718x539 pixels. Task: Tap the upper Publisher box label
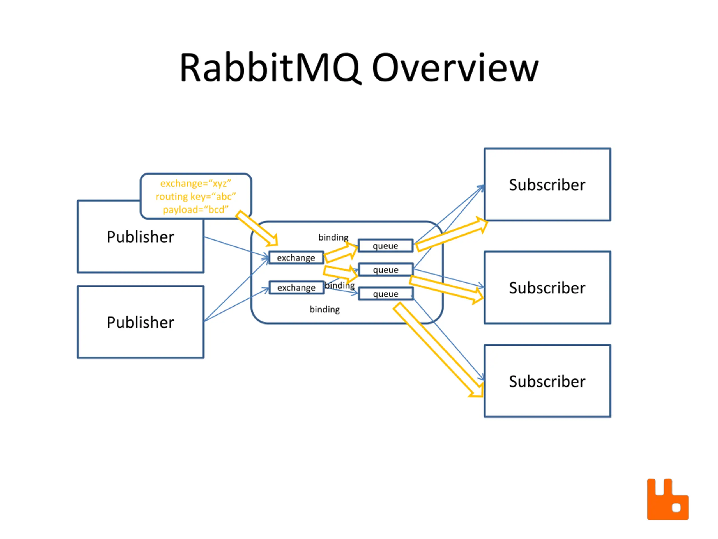(x=141, y=237)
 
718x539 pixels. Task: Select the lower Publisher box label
(x=141, y=322)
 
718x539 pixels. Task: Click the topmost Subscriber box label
(x=547, y=185)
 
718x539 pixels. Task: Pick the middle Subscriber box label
(x=547, y=288)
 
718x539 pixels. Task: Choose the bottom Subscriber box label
(x=547, y=382)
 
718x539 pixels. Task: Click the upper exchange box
(x=296, y=258)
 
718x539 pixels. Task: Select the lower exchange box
(x=296, y=287)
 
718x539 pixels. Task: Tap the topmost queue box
(x=385, y=246)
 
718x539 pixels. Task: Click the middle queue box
(x=386, y=270)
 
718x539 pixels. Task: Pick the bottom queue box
(x=386, y=294)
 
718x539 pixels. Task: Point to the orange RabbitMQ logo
(x=668, y=499)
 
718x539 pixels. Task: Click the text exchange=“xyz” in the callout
(x=196, y=184)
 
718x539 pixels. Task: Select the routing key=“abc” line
(x=196, y=197)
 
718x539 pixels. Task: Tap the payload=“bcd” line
(x=196, y=209)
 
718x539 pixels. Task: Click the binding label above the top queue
(x=333, y=237)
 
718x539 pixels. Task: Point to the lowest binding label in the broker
(x=325, y=309)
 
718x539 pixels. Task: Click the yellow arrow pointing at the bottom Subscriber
(x=438, y=350)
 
